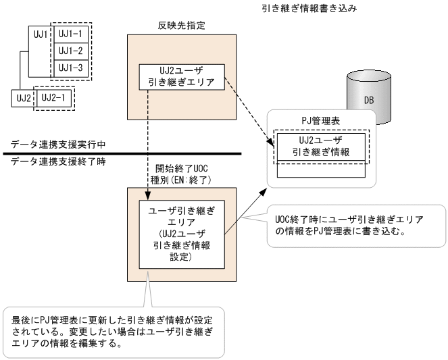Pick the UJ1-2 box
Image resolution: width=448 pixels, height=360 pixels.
[x=70, y=51]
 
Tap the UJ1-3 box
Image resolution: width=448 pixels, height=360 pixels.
[x=70, y=68]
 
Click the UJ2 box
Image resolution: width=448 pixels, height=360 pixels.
[x=22, y=98]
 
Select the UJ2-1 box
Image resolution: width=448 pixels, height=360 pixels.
[x=54, y=98]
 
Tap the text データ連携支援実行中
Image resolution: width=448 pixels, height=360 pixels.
[x=51, y=145]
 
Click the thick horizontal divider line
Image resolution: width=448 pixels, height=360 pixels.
[x=122, y=155]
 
